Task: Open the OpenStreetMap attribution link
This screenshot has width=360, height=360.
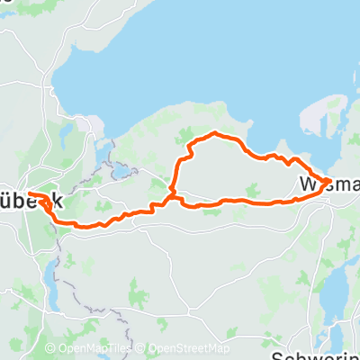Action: pyautogui.click(x=188, y=349)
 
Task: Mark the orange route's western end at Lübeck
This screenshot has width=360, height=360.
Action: pyautogui.click(x=29, y=193)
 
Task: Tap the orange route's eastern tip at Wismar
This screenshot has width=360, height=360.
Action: pyautogui.click(x=328, y=181)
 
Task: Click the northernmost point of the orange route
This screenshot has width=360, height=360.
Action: pyautogui.click(x=214, y=133)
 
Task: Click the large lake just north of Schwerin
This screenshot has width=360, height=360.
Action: pyautogui.click(x=335, y=297)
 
